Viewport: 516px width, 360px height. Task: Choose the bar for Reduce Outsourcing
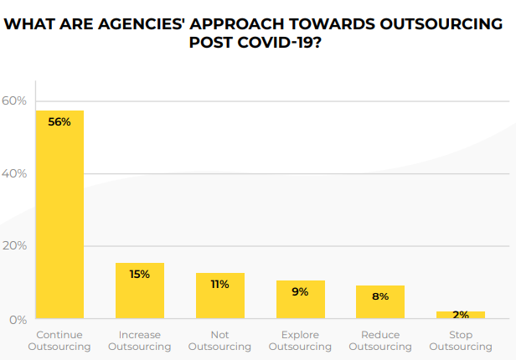(380, 302)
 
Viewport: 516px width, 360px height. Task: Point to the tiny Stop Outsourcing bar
(461, 315)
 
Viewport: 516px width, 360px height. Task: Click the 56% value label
(59, 121)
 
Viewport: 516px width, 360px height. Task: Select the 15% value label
(140, 274)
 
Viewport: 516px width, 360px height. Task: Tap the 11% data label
(220, 284)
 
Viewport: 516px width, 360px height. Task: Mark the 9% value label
(301, 291)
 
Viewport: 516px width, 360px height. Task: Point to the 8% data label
(380, 296)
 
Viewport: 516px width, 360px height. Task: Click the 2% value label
(461, 314)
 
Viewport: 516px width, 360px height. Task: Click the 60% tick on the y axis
(14, 100)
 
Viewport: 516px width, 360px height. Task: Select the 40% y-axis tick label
(14, 173)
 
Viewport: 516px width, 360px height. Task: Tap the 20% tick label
(14, 246)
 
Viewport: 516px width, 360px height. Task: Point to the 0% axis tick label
(18, 319)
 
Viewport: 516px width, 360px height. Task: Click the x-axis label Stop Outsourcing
(461, 340)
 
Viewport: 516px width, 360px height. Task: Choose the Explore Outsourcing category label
(301, 340)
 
